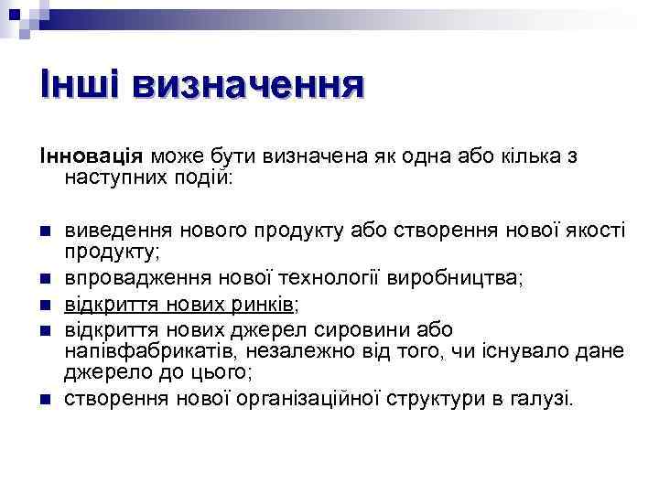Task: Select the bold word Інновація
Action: pyautogui.click(x=90, y=156)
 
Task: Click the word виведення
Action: pyautogui.click(x=118, y=228)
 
